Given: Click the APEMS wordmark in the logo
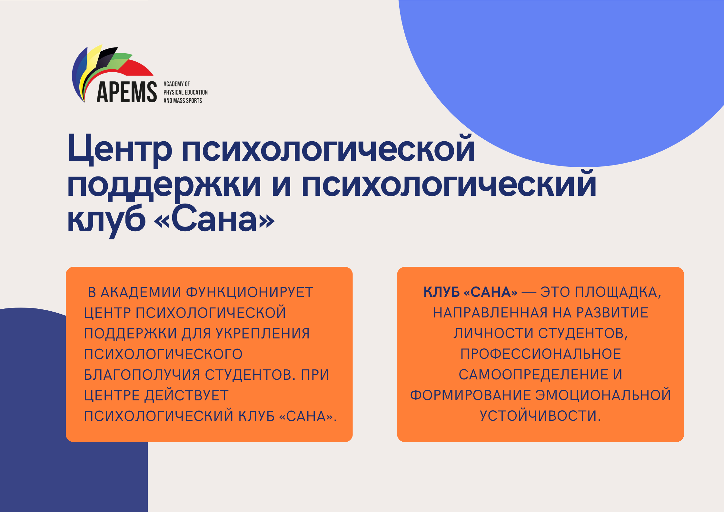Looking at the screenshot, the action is (127, 92).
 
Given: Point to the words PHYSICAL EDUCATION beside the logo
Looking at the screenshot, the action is (185, 92).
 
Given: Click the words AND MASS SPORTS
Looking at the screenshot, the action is (183, 101).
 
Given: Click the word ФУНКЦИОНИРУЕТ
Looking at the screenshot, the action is (250, 292).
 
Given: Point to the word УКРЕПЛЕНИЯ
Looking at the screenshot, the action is (263, 334).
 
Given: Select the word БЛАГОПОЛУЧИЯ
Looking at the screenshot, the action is (142, 375).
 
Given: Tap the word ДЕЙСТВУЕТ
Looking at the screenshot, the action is (186, 396).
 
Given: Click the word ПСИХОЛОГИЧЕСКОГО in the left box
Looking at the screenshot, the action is (163, 354).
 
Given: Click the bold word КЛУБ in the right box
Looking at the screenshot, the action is (441, 292).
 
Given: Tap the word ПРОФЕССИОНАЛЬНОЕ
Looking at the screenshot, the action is (541, 354).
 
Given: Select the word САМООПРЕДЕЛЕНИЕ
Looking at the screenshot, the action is (534, 375).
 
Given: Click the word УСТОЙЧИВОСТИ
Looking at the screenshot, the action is (541, 416).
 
